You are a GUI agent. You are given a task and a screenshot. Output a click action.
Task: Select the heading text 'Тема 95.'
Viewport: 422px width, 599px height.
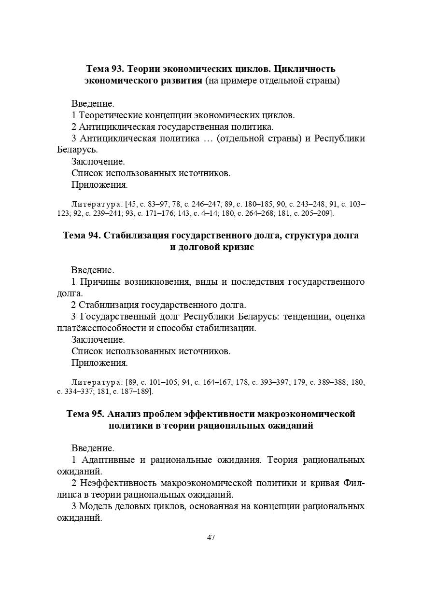[84, 414]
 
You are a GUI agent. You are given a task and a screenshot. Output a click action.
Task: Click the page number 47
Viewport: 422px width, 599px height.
[211, 538]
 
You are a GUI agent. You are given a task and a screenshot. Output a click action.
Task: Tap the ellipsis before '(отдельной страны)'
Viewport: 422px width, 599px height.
[208, 139]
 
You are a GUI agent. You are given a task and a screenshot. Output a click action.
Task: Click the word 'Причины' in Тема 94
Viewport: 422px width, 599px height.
[100, 282]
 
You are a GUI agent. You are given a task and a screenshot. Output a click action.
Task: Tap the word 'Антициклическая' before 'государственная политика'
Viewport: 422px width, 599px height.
[116, 127]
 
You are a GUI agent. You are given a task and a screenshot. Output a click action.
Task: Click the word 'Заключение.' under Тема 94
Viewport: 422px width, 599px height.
[98, 340]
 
